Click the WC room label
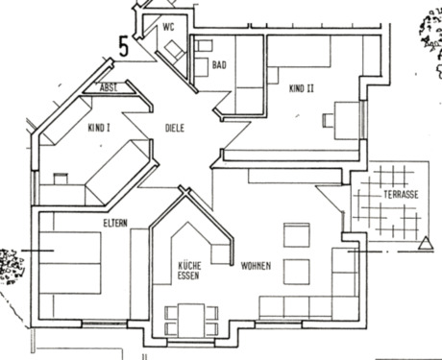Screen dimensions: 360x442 pyautogui.click(x=170, y=27)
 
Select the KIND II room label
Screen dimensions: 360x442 pyautogui.click(x=303, y=89)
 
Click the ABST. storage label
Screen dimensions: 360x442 pyautogui.click(x=111, y=87)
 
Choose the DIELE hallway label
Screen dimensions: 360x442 pyautogui.click(x=174, y=128)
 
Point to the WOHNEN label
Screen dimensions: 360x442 pyautogui.click(x=257, y=264)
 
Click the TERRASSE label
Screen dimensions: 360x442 pyautogui.click(x=400, y=195)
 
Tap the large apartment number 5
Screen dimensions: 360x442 pyautogui.click(x=124, y=45)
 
